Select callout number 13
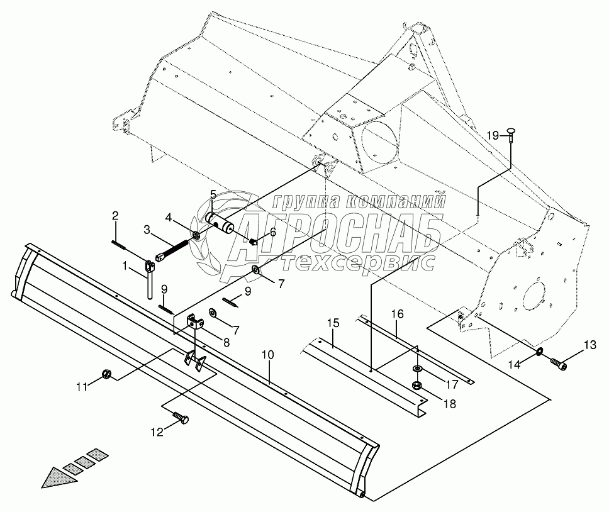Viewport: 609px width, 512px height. pos(589,344)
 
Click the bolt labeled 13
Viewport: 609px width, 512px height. pos(558,363)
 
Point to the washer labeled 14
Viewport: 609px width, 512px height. pos(540,350)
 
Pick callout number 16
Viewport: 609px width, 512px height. pos(397,314)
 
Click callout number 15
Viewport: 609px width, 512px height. pos(333,323)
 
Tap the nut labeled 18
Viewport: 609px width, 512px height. pos(416,385)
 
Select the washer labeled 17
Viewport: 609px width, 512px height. pos(417,369)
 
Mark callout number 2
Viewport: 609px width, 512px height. pos(115,216)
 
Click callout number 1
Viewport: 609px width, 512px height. pos(126,266)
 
